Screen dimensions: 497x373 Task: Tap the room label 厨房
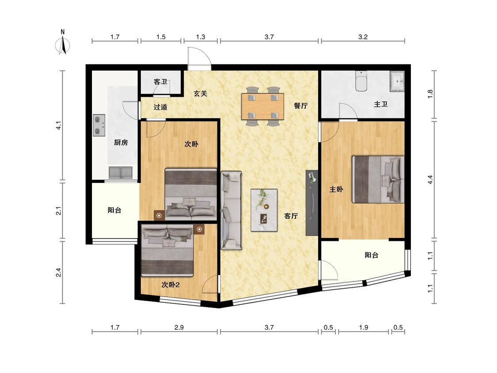(121, 143)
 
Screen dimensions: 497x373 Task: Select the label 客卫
(160, 82)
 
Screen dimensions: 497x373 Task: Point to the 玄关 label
(200, 94)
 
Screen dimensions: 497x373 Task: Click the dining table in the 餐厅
(262, 106)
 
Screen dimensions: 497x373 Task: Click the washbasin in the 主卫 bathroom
(397, 81)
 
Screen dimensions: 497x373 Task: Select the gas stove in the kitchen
(99, 125)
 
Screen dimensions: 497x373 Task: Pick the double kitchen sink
(121, 172)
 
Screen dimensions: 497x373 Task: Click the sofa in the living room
(231, 210)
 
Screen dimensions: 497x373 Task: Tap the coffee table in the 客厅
(264, 210)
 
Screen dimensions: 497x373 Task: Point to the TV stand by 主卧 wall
(312, 203)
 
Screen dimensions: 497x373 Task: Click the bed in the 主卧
(378, 179)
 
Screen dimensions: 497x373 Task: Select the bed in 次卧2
(167, 250)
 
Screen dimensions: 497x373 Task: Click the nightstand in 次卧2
(199, 229)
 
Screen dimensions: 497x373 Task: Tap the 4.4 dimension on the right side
(430, 179)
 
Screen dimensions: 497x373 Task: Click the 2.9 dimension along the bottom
(179, 327)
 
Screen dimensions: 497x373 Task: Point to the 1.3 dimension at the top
(201, 37)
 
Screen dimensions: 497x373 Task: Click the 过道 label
(160, 107)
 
